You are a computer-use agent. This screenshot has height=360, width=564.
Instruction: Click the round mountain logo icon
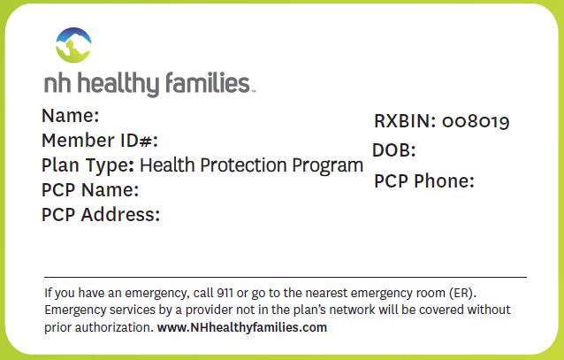(73, 45)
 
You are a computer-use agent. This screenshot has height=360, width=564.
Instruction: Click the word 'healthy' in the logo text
(118, 84)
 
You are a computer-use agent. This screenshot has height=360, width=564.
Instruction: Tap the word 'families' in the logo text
(208, 82)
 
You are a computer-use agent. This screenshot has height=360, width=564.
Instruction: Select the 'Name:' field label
(70, 116)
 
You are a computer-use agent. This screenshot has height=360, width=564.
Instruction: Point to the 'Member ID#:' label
(100, 141)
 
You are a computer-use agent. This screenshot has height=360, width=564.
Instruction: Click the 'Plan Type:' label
(88, 166)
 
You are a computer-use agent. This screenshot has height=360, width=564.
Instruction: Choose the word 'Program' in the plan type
(327, 166)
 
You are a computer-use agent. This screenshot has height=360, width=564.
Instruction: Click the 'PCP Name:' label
(90, 190)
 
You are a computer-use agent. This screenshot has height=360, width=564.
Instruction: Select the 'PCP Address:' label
(101, 215)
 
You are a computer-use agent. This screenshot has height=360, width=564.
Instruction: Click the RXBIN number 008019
(476, 122)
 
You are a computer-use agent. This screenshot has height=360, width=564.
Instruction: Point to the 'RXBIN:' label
(405, 121)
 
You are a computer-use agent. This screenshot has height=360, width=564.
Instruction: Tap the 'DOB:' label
(394, 150)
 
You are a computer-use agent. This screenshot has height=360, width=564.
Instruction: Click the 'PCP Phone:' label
(424, 180)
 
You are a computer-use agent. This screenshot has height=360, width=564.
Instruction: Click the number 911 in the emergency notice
(225, 293)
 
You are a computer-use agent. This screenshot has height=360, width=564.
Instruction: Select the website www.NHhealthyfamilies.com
(242, 327)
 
